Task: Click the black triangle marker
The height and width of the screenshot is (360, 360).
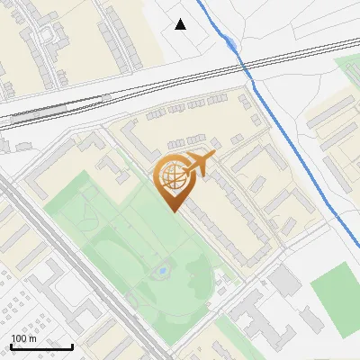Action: tap(181, 24)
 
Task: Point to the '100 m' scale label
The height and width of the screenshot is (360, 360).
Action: tap(24, 338)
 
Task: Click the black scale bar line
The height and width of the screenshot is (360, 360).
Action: tap(41, 346)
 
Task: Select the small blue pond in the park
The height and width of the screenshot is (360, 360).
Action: tap(163, 269)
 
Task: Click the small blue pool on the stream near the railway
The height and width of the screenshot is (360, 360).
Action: tap(232, 44)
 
